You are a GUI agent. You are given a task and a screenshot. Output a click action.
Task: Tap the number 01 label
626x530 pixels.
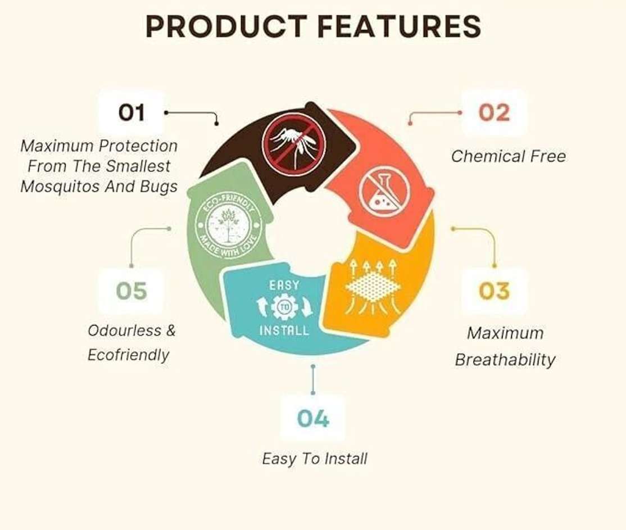point(131,112)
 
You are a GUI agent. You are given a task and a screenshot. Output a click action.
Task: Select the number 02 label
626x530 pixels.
point(495,112)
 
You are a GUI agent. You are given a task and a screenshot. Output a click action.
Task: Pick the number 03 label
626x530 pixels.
point(495,291)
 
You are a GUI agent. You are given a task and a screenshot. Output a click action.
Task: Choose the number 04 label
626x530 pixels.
point(313,419)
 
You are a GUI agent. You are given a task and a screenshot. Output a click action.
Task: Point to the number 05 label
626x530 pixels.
point(131,291)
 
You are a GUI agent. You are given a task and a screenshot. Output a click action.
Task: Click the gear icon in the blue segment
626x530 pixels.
point(284,307)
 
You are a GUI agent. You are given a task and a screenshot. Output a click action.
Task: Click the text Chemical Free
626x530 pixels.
point(508,156)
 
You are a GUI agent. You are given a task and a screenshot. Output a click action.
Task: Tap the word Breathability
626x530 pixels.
point(505,360)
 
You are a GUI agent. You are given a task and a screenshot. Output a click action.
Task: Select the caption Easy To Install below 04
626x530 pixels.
point(315,459)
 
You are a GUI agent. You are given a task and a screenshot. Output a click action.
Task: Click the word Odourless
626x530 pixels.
point(125,330)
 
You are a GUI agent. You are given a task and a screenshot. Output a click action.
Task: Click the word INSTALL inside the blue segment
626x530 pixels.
point(284,330)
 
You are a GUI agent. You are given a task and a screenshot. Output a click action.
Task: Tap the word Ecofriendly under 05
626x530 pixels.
point(128,355)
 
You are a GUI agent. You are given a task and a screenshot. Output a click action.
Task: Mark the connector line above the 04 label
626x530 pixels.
point(313,379)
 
